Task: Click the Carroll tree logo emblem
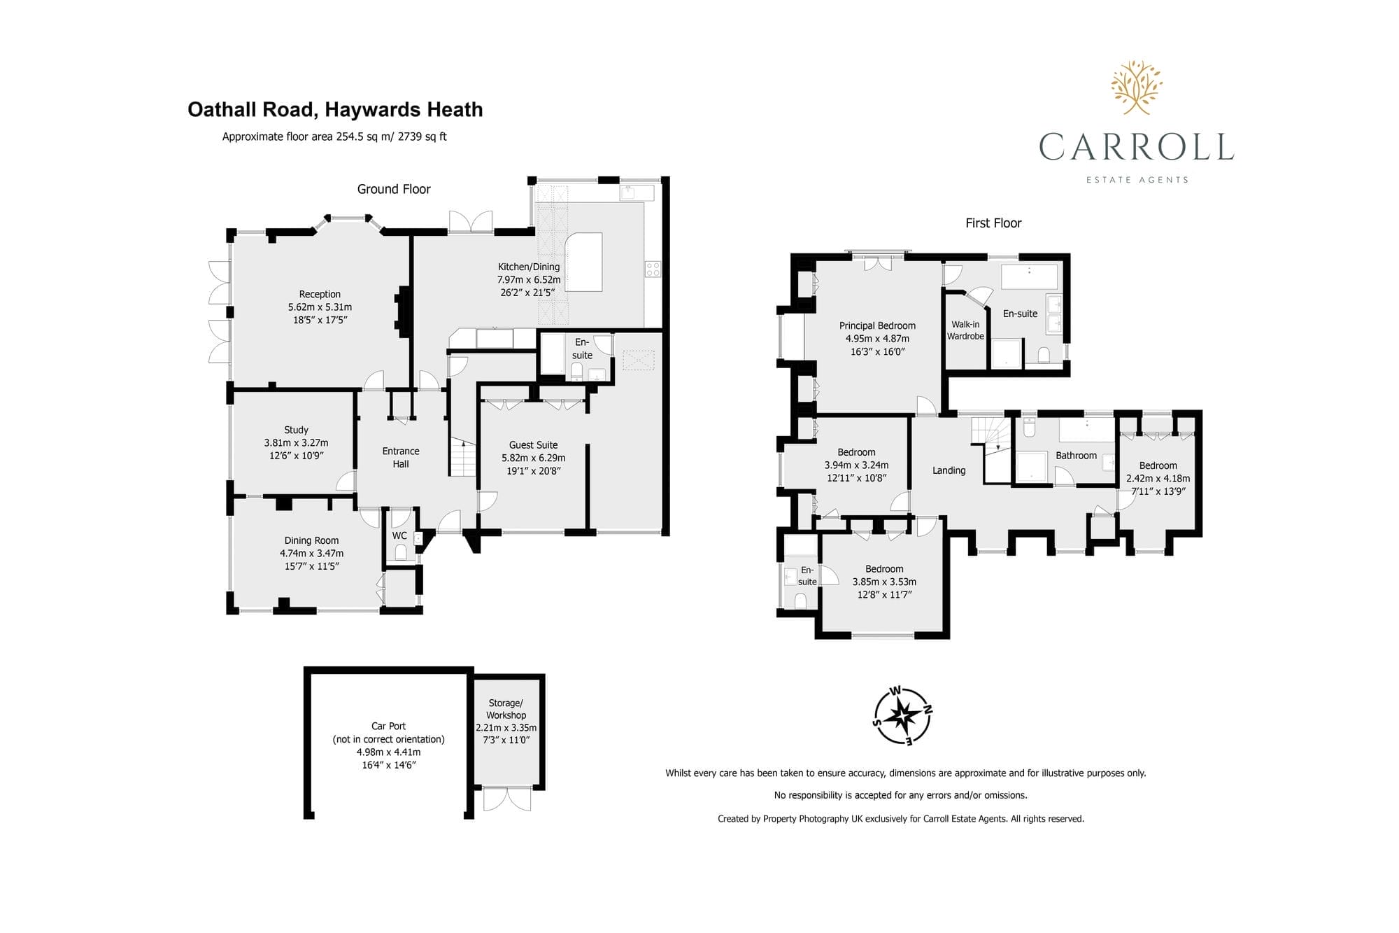(1137, 87)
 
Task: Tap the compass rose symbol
(903, 716)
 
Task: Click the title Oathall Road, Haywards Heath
(335, 110)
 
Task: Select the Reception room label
(320, 295)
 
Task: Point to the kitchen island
(583, 262)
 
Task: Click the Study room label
(296, 430)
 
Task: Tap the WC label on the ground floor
(399, 535)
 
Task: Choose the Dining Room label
(311, 540)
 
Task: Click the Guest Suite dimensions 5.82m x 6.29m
(533, 458)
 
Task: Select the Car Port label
(388, 726)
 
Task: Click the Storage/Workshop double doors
(507, 799)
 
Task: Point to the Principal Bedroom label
(877, 325)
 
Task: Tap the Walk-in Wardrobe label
(965, 330)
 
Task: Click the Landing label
(949, 470)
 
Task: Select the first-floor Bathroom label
(1076, 456)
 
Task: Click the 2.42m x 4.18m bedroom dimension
(1158, 479)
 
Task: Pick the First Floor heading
(993, 223)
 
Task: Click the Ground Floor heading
(394, 189)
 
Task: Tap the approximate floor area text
(334, 136)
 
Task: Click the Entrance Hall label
(401, 458)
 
